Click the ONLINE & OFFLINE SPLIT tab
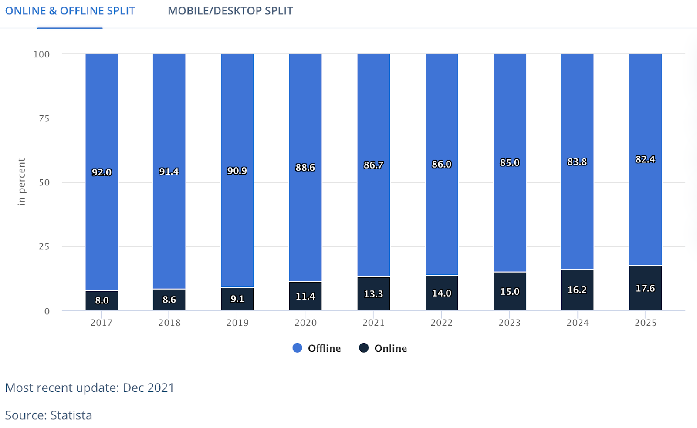tap(70, 11)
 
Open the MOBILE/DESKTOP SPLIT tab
tap(230, 11)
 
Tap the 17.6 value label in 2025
tap(645, 288)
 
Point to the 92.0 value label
tap(102, 172)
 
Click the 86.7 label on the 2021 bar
tap(373, 165)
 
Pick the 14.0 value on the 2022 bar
tap(441, 293)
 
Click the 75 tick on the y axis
tap(44, 118)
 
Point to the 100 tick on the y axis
tap(41, 54)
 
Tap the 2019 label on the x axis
tap(237, 323)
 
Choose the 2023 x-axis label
tap(509, 323)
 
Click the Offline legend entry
tap(317, 348)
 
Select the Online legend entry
tap(383, 348)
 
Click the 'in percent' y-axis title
tap(22, 182)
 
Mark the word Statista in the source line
tap(71, 415)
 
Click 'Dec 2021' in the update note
tap(148, 388)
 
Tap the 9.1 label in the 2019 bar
tap(237, 299)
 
